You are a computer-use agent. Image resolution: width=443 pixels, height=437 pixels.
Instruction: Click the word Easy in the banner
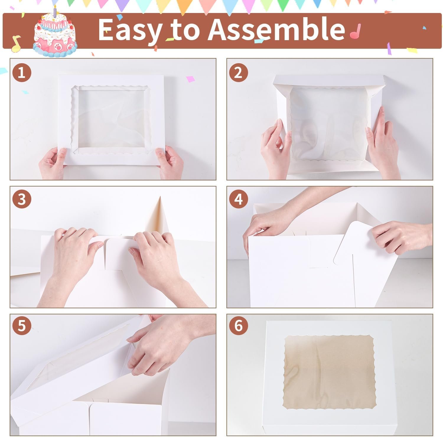[x=130, y=30]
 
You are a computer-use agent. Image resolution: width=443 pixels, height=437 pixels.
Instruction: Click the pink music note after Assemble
[x=355, y=31]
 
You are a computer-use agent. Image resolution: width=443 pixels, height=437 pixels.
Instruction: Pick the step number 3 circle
[x=22, y=200]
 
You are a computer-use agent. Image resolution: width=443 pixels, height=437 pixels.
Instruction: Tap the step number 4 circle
[x=238, y=200]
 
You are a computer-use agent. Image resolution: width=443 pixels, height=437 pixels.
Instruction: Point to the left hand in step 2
[x=276, y=148]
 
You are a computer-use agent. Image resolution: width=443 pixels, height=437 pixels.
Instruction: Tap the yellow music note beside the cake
[x=16, y=43]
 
